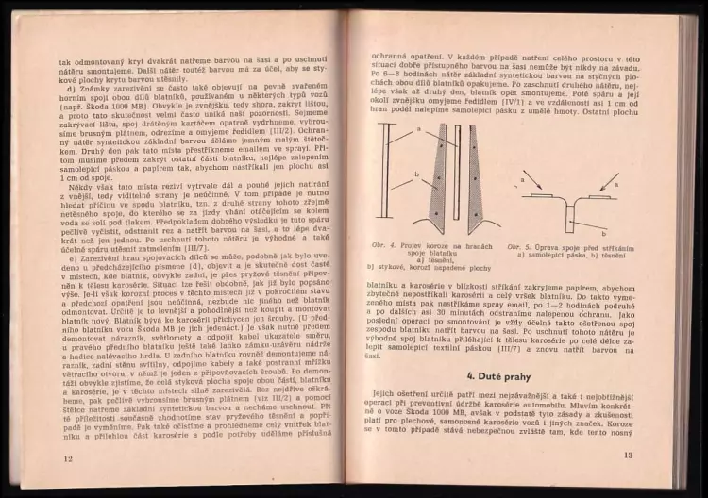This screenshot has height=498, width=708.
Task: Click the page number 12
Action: (x=67, y=458)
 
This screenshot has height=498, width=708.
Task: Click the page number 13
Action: (x=628, y=457)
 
